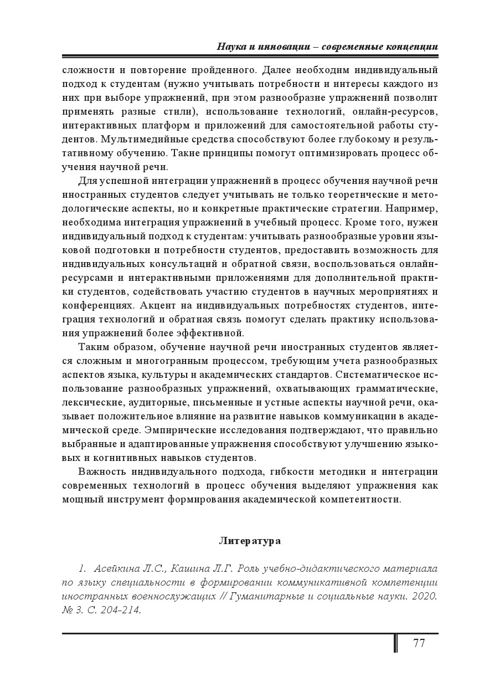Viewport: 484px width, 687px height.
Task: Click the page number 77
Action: coord(419,643)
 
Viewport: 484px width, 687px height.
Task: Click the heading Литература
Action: coord(250,540)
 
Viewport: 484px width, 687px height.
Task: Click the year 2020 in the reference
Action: coord(426,596)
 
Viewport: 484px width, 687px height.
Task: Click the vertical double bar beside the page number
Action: coord(395,643)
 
